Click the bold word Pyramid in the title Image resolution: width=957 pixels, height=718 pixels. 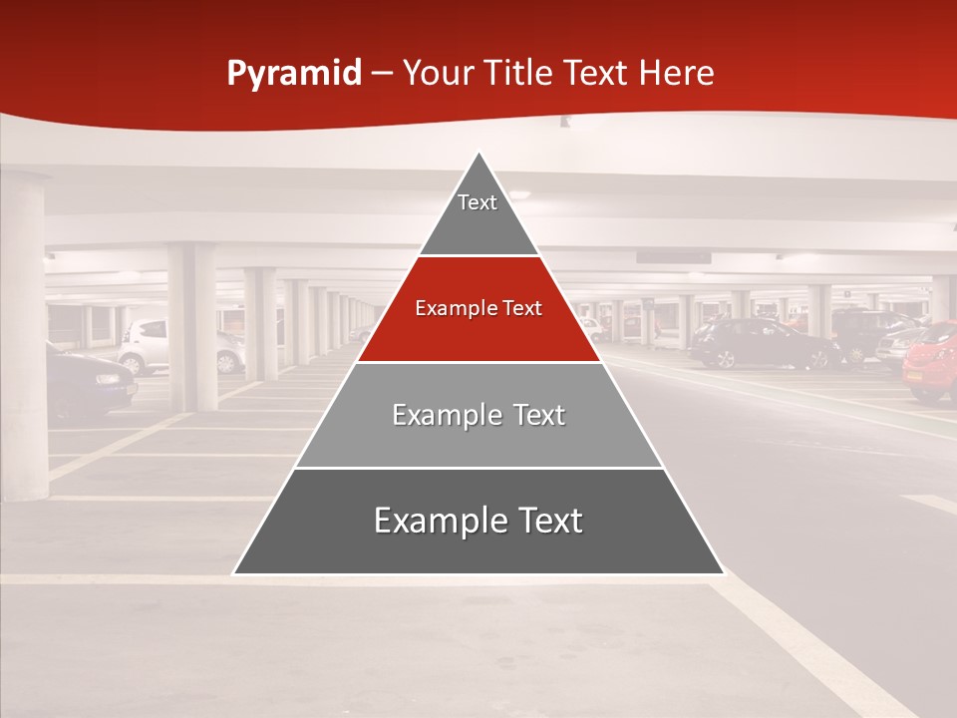[x=294, y=74]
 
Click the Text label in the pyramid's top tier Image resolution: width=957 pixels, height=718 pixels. [x=478, y=202]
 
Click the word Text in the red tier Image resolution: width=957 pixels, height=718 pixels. [x=522, y=308]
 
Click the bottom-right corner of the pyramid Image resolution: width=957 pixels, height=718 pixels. [x=723, y=573]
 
